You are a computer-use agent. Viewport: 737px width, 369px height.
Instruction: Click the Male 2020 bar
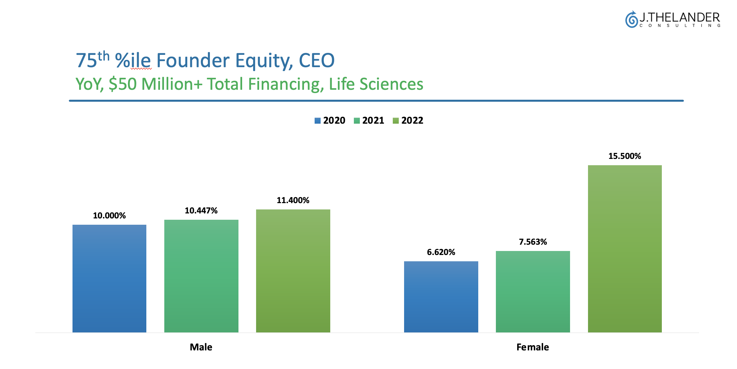coord(109,279)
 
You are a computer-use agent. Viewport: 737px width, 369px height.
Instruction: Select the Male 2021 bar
coord(201,276)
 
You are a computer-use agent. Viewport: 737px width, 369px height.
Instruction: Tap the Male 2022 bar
coord(293,271)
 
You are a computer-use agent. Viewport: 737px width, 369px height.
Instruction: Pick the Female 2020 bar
coord(441,297)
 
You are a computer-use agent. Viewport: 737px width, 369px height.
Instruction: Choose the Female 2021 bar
coord(533,292)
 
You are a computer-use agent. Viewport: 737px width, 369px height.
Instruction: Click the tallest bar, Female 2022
coord(625,249)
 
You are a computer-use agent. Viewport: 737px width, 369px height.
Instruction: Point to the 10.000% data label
coord(109,216)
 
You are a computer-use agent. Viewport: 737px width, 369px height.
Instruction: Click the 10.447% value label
coord(201,211)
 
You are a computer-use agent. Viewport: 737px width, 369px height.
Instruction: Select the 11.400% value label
coord(293,200)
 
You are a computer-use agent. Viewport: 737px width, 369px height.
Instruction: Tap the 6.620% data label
coord(441,252)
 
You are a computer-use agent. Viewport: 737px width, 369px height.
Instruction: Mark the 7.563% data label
coord(533,242)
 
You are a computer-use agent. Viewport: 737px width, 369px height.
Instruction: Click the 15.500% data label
coord(625,156)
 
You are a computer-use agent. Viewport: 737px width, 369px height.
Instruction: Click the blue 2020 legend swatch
coord(318,121)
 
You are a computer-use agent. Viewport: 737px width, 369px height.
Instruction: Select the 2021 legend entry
coord(369,120)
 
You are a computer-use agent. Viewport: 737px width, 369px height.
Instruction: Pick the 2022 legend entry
coord(408,120)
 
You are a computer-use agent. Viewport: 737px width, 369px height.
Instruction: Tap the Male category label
coord(201,347)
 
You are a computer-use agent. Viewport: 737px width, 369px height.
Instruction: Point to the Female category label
coord(533,347)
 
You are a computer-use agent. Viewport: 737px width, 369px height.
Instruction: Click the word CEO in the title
coord(317,61)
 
